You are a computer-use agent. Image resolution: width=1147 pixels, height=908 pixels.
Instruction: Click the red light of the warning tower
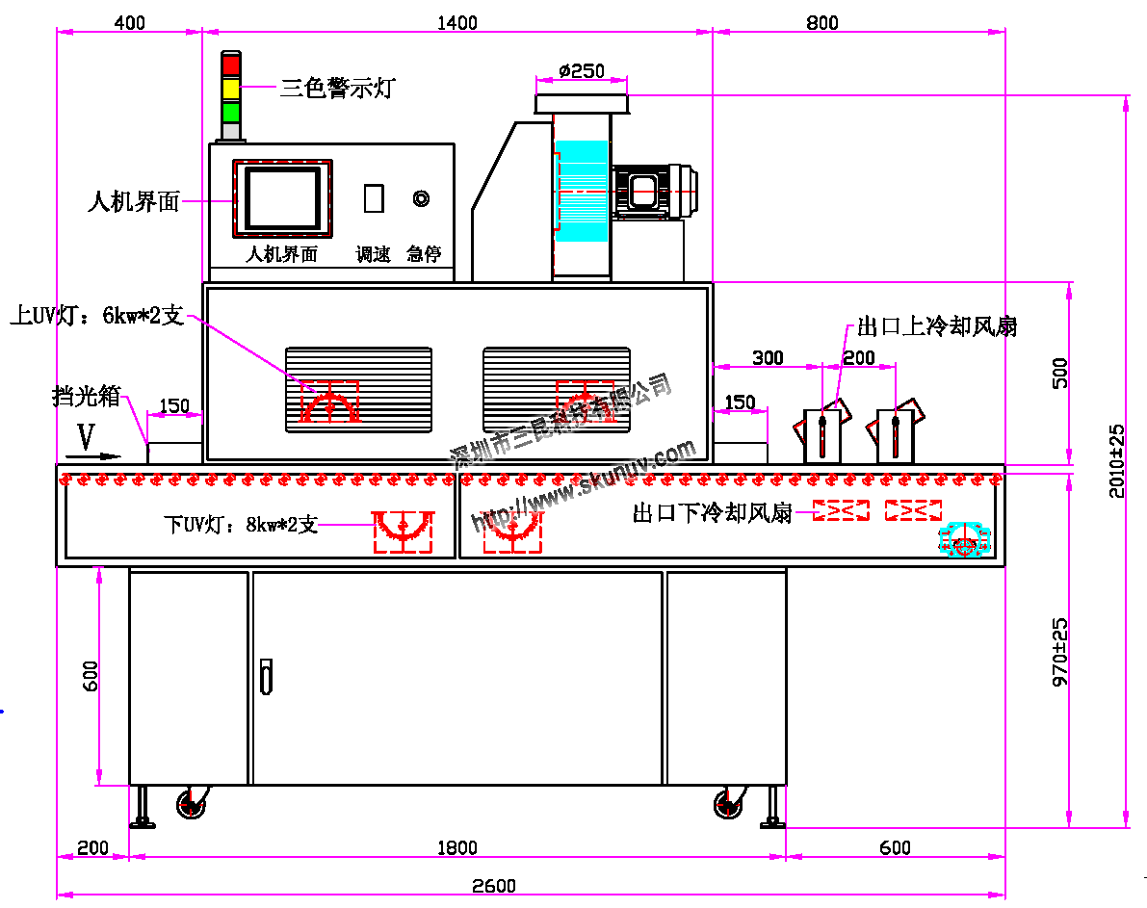231,65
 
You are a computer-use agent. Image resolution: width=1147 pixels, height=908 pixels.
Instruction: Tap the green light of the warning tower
231,111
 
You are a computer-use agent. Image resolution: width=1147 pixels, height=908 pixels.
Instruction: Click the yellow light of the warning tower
231,89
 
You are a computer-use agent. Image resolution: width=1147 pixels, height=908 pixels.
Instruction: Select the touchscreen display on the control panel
282,198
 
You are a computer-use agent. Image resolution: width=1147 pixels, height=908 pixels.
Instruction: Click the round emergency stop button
421,198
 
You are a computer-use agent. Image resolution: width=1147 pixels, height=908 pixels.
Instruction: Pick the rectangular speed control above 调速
374,197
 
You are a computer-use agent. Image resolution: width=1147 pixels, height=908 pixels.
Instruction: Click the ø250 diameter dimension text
581,70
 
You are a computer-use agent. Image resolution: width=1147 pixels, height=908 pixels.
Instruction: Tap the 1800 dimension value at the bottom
457,848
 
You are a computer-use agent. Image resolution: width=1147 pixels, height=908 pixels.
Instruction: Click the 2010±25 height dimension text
1117,460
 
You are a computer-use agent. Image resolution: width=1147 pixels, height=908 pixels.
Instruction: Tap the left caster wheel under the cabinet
192,803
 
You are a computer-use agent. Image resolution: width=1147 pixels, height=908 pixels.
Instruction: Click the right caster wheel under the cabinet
729,803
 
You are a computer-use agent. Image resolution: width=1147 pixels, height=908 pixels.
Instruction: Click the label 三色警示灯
337,89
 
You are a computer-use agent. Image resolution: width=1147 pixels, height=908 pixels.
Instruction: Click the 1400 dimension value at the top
457,23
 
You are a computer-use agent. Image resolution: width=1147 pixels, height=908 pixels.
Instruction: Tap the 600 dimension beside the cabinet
91,675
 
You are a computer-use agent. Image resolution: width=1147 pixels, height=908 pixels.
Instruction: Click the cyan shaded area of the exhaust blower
583,191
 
